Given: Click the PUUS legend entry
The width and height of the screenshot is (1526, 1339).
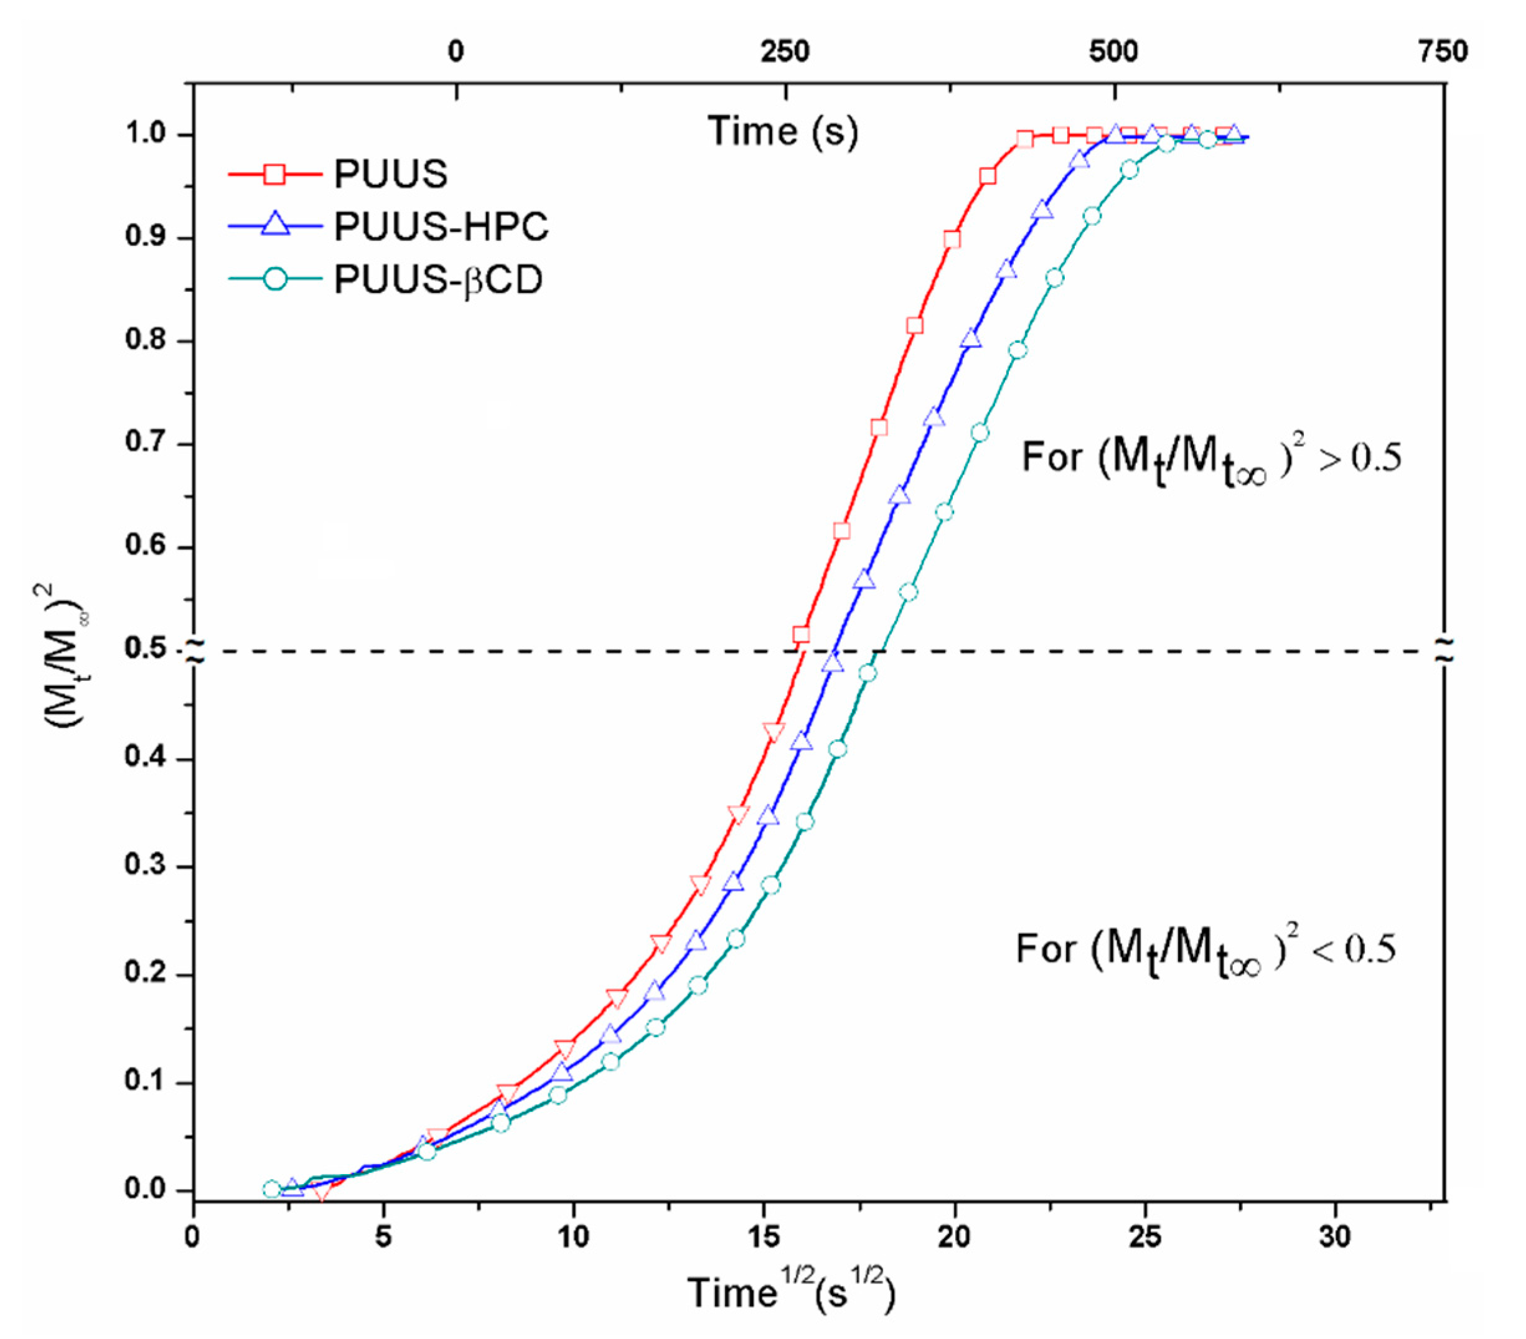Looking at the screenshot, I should click(390, 174).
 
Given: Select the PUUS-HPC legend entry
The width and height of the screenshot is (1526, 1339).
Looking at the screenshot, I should click(441, 226).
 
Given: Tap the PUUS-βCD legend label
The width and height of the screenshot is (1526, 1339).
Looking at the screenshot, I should click(438, 280).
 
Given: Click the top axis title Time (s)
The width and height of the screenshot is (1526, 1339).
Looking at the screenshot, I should click(783, 131).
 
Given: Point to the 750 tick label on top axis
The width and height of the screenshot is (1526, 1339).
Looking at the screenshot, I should click(1443, 52).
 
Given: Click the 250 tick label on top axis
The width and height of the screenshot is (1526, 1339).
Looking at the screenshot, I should click(785, 52).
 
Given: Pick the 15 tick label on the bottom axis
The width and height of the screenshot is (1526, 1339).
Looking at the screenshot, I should click(764, 1237).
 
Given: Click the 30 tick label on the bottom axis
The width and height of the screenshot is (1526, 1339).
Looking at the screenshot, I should click(1334, 1237).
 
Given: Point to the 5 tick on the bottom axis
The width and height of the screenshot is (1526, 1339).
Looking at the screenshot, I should click(383, 1237).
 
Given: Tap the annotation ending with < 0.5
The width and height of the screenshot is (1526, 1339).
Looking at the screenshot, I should click(1205, 950).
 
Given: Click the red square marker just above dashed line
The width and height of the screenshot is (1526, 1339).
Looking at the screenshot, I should click(801, 635).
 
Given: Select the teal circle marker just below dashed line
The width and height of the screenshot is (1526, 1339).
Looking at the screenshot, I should click(868, 673).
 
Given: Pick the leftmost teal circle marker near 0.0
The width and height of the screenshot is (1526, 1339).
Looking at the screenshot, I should click(272, 1189).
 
